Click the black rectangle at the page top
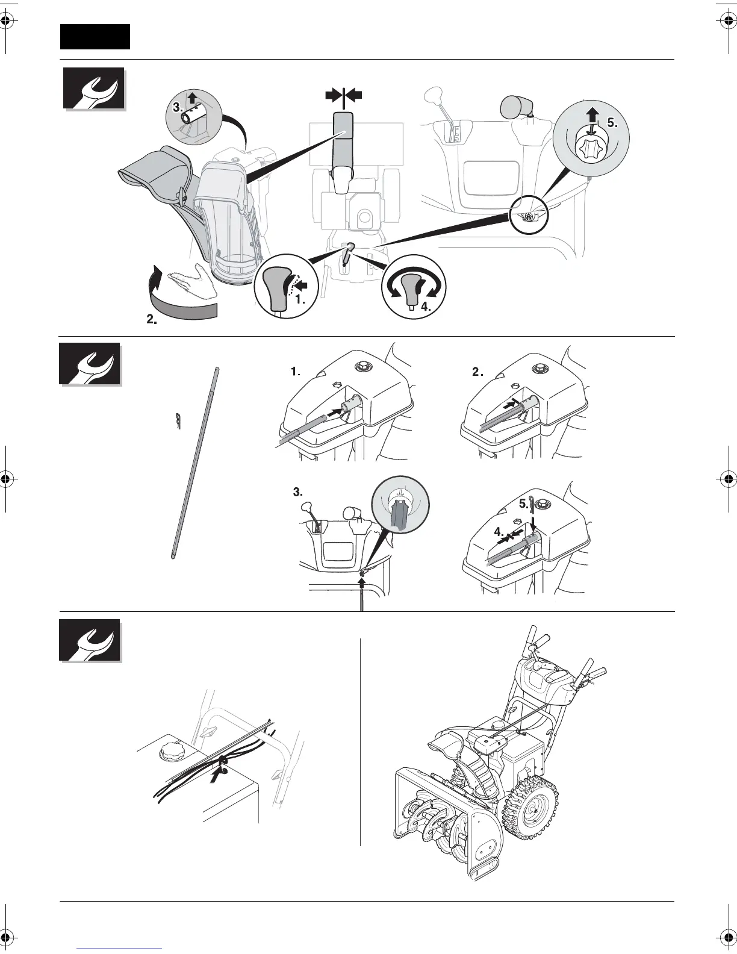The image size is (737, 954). (x=95, y=37)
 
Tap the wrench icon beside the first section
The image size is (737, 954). (x=94, y=89)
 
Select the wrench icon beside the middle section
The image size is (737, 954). (x=90, y=364)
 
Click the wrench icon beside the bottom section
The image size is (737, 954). (x=90, y=640)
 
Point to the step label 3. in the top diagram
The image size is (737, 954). (x=177, y=107)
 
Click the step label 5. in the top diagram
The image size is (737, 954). (x=612, y=123)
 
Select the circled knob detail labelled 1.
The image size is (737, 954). (x=282, y=290)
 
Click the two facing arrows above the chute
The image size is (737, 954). (x=344, y=95)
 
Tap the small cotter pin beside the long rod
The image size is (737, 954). (x=178, y=422)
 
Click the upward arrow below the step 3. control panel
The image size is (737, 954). (x=362, y=581)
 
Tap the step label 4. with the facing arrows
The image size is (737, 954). (x=499, y=532)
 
